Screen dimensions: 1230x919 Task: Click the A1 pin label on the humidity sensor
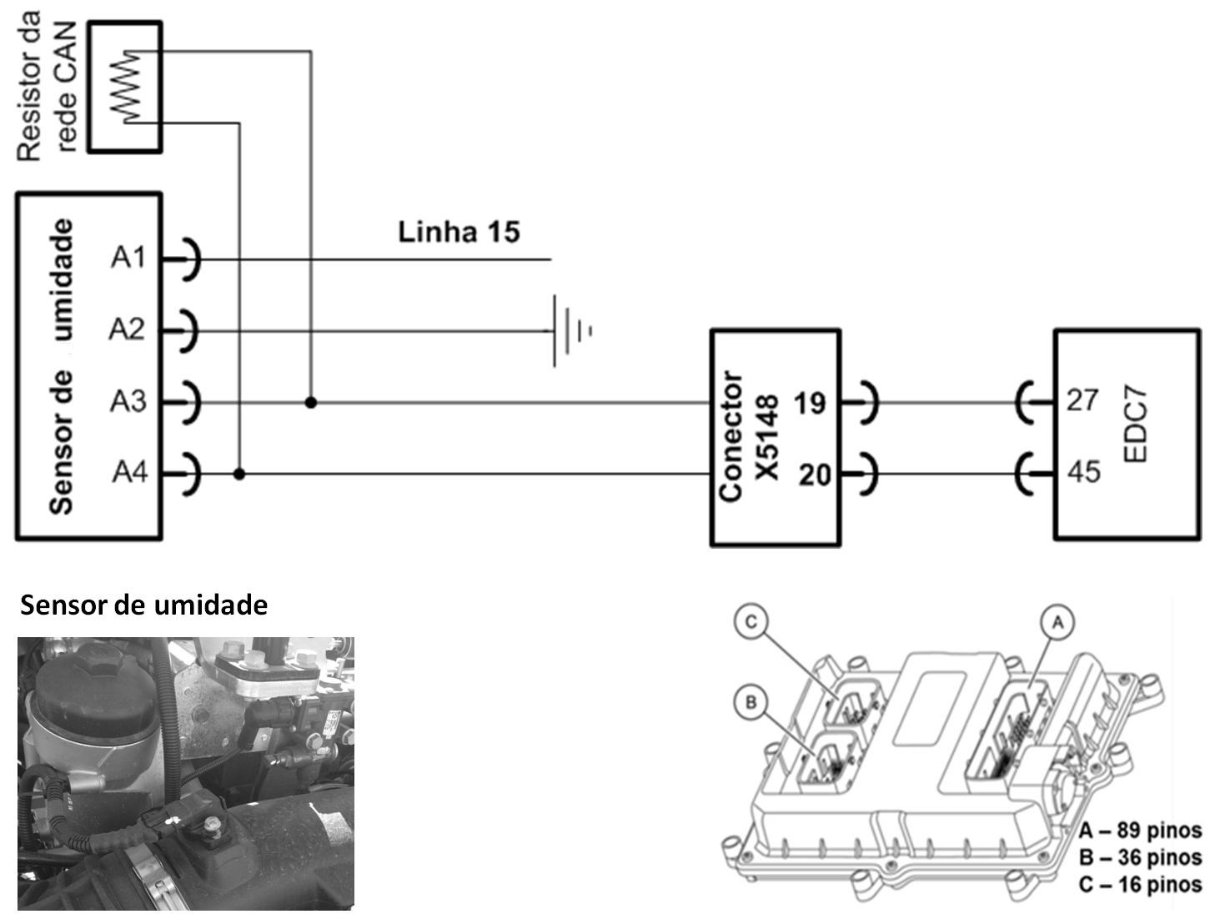point(128,258)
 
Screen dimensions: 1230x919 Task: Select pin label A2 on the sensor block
point(127,329)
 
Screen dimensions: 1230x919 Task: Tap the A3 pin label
point(128,401)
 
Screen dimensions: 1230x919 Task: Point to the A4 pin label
point(130,472)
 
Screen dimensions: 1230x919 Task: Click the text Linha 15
point(459,232)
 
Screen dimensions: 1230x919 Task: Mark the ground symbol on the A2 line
point(571,331)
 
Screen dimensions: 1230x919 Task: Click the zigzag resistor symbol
point(126,87)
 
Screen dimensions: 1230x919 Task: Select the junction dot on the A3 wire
point(311,402)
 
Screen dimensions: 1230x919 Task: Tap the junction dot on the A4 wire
point(239,474)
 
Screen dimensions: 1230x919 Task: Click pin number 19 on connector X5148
point(809,404)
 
